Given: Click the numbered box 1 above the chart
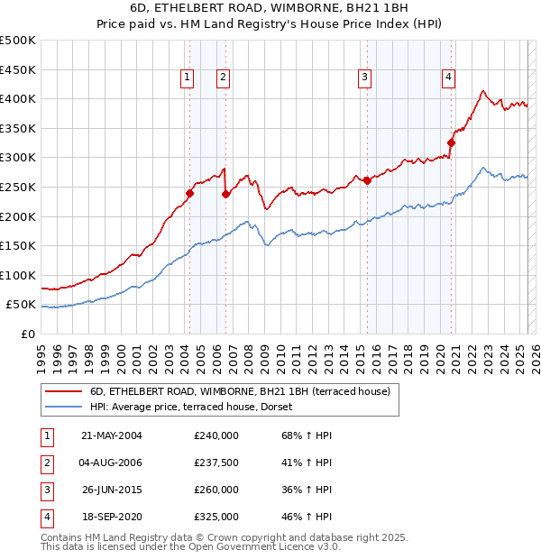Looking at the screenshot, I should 187,78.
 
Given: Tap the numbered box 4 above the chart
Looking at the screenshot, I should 448,78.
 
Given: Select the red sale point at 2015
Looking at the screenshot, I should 368,180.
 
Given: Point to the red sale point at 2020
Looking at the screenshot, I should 452,142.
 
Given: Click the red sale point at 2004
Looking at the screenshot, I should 190,192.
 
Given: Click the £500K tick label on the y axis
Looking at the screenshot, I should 18,41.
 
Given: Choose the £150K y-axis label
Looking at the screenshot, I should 18,245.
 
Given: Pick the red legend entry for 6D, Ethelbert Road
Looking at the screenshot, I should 239,391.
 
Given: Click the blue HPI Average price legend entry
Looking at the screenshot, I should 198,407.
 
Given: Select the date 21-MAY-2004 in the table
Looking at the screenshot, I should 111,435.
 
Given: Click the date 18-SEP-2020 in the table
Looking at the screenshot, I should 111,518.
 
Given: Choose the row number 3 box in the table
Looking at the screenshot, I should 46,490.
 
